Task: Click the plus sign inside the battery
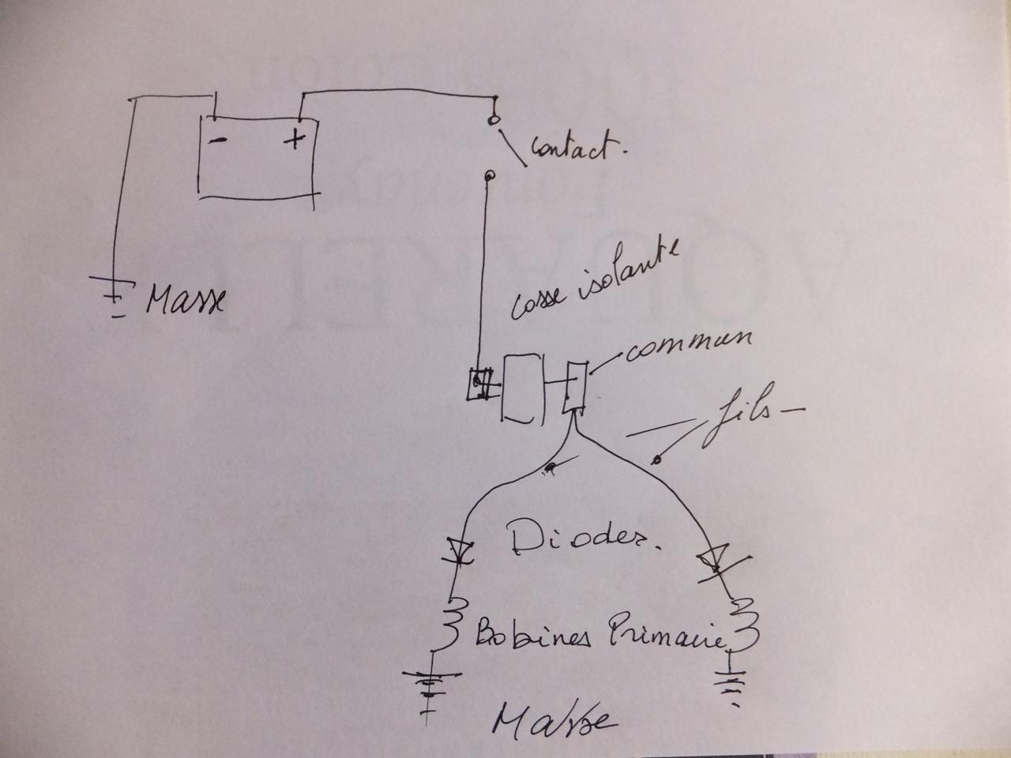click(294, 141)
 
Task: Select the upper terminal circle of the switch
click(494, 120)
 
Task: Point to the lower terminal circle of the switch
click(489, 175)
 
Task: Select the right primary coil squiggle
click(746, 624)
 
